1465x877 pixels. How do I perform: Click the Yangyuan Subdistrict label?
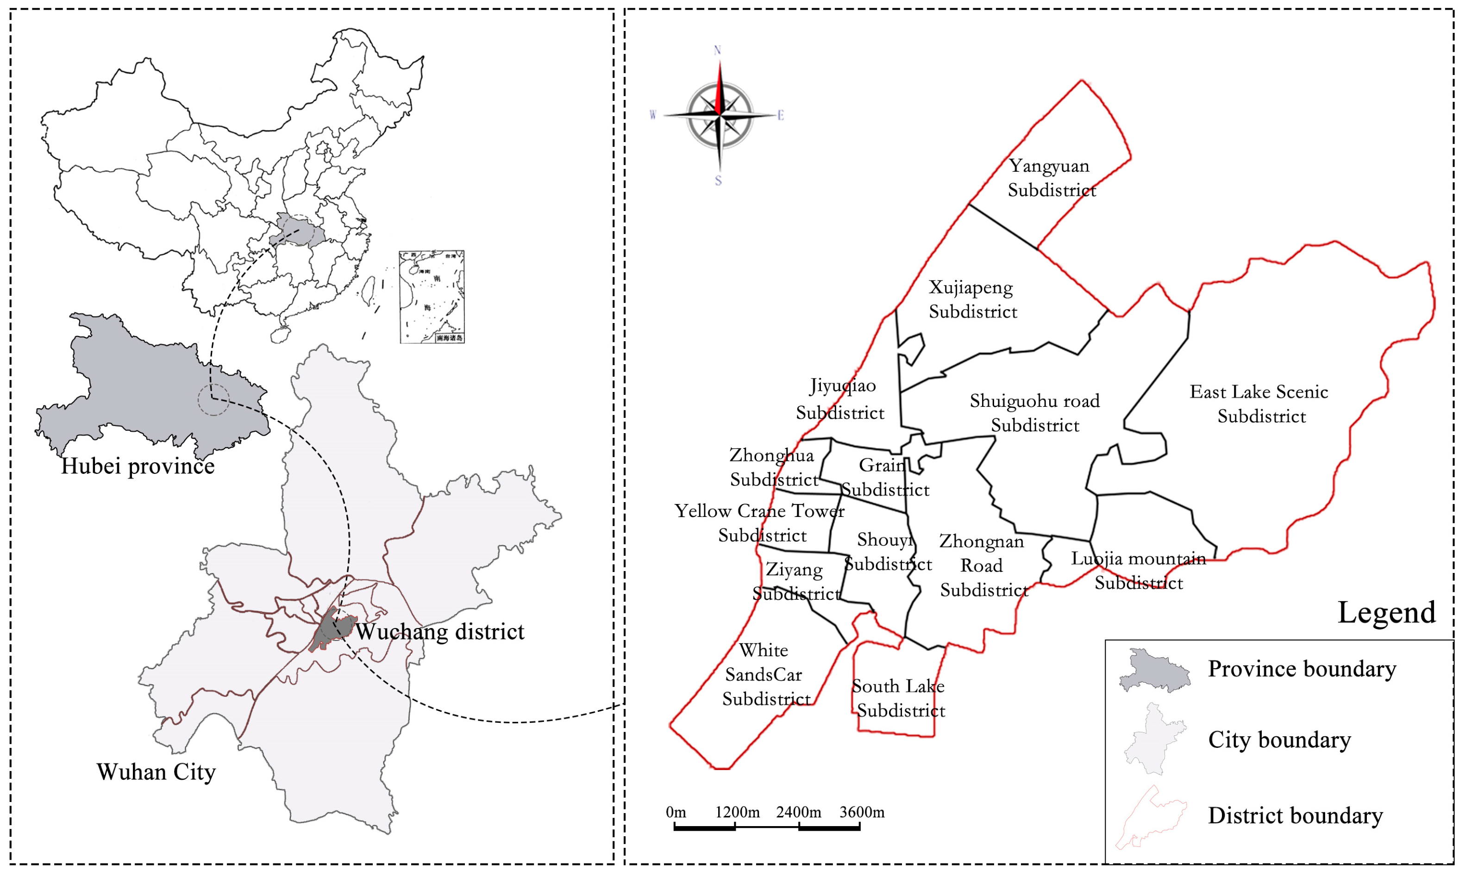(1051, 178)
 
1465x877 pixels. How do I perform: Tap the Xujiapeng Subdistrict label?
(972, 299)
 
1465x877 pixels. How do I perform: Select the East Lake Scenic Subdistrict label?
(1259, 404)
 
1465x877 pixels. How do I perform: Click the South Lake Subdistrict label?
(899, 698)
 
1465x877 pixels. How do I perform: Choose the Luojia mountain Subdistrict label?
(1138, 570)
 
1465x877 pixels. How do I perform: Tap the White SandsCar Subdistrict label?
(764, 674)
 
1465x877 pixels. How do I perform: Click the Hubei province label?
(138, 466)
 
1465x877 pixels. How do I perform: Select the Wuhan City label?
(156, 772)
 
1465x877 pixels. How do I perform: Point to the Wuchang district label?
(439, 632)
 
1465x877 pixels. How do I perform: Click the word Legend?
(1386, 612)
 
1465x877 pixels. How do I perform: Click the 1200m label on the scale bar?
(737, 812)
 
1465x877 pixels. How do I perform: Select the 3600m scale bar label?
(862, 812)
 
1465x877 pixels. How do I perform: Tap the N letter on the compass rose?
(717, 50)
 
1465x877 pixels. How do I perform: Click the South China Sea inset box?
(432, 297)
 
